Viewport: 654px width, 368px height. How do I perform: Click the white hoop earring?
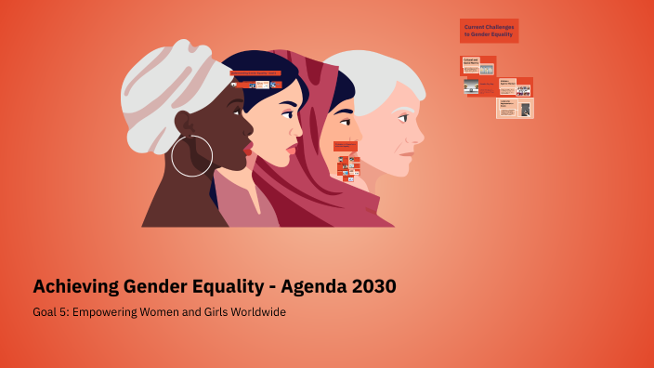pos(192,155)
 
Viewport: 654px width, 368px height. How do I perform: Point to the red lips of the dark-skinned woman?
pos(247,147)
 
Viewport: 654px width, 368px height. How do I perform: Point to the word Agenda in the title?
pos(303,286)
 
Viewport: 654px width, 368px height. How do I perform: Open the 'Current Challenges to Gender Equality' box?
pos(489,31)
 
